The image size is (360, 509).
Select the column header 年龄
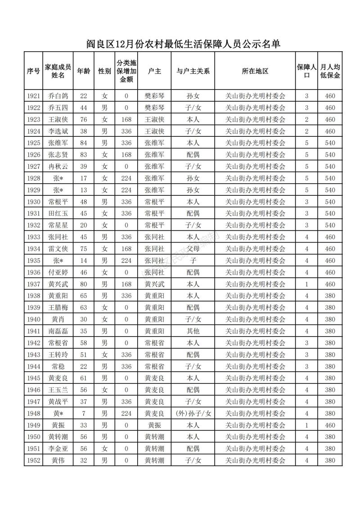(x=83, y=71)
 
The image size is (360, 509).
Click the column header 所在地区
(x=255, y=71)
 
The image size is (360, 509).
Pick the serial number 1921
(x=33, y=96)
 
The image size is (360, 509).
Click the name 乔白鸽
(x=58, y=96)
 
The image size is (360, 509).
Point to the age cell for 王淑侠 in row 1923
(x=83, y=119)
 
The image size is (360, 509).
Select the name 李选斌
(x=58, y=131)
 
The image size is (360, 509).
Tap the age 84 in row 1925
(x=83, y=143)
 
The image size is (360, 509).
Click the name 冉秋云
(x=58, y=166)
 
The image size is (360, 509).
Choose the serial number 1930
(x=33, y=202)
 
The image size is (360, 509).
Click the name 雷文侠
(x=58, y=248)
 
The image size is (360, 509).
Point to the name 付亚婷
(x=58, y=272)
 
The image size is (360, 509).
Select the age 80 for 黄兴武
(x=83, y=284)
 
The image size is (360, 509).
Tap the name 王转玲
(x=58, y=354)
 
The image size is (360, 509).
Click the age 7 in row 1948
(x=83, y=413)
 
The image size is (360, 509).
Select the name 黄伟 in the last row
(x=58, y=460)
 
